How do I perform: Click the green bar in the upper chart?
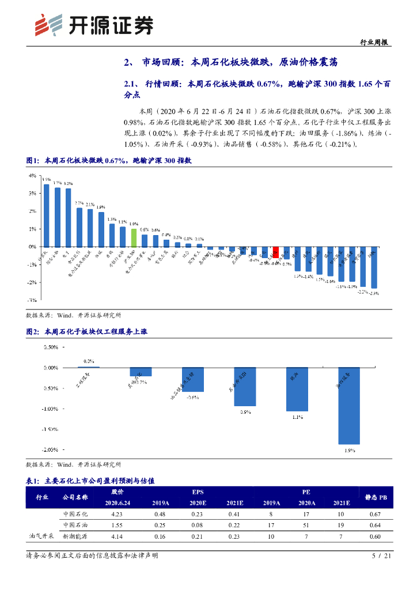pyautogui.click(x=134, y=237)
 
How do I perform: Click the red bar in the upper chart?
pyautogui.click(x=276, y=252)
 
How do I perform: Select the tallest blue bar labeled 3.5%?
pyautogui.click(x=46, y=215)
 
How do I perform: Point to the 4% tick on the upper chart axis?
pyautogui.click(x=33, y=176)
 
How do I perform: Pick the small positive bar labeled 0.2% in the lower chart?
pyautogui.click(x=89, y=366)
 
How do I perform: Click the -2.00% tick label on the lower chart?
pyautogui.click(x=51, y=449)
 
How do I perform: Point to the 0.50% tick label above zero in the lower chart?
pyautogui.click(x=50, y=347)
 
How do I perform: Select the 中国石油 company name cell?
pyautogui.click(x=75, y=525)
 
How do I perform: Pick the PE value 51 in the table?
pyautogui.click(x=305, y=525)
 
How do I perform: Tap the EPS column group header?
pyautogui.click(x=198, y=492)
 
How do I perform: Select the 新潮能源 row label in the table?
pyautogui.click(x=75, y=536)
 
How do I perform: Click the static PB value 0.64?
pyautogui.click(x=376, y=525)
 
